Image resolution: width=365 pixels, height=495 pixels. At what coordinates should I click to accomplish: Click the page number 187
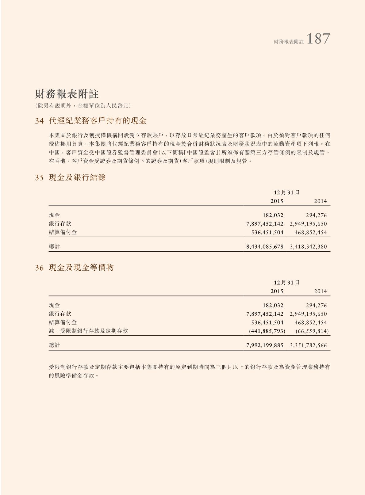(318, 39)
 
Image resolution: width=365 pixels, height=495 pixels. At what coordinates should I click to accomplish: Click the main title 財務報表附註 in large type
(67, 94)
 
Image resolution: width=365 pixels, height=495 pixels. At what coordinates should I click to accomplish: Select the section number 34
(39, 121)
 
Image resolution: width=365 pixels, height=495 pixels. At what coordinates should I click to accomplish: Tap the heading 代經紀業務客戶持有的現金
(98, 121)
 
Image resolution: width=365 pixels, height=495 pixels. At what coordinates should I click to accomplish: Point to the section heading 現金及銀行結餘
(77, 177)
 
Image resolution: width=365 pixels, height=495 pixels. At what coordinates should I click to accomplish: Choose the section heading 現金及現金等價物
(81, 267)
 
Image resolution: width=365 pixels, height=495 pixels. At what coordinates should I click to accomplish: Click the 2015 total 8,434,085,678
(265, 246)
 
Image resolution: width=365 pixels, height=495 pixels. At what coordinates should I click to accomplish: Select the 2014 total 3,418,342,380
(308, 246)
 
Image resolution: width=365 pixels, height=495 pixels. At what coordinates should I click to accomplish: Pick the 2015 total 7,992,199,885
(265, 345)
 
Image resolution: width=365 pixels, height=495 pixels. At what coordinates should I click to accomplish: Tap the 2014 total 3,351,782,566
(308, 345)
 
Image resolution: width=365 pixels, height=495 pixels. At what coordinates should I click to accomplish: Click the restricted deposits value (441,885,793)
(267, 331)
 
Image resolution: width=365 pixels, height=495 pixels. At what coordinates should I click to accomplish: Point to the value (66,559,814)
(312, 331)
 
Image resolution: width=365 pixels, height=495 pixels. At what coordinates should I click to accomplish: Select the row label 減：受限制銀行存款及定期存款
(88, 331)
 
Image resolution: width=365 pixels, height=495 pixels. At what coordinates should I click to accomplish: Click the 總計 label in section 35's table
(54, 246)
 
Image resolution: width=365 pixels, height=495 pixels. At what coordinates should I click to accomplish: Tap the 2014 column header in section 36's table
(320, 291)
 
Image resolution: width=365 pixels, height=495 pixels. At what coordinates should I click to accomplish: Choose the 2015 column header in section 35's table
(277, 201)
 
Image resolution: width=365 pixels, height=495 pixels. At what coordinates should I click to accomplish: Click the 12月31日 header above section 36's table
(286, 283)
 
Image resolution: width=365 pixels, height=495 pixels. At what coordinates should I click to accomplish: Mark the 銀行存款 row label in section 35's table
(60, 224)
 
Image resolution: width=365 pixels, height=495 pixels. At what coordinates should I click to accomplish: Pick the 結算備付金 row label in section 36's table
(63, 322)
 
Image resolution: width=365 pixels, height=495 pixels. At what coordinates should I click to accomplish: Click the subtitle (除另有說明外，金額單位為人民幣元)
(83, 106)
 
